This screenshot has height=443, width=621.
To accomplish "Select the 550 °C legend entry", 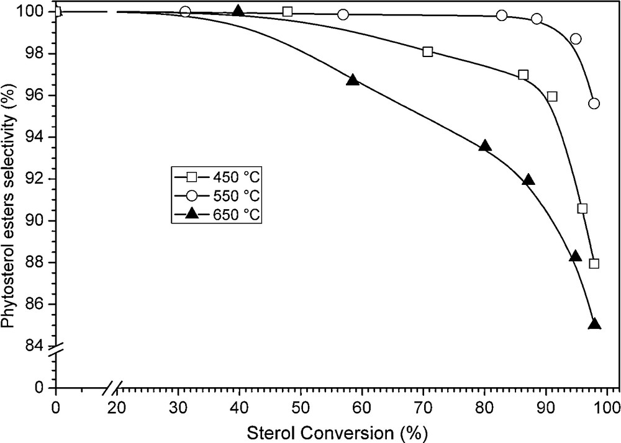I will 216,197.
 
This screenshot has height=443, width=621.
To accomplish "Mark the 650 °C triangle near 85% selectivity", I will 594,324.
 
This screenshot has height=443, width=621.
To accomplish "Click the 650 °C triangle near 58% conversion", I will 353,80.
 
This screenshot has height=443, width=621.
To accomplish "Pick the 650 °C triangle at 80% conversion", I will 485,146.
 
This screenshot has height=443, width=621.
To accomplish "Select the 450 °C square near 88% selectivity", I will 594,264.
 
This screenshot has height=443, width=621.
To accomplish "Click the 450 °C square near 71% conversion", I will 427,52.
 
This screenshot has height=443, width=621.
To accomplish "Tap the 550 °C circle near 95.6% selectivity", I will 594,104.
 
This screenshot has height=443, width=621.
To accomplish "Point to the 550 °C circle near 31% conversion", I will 185,12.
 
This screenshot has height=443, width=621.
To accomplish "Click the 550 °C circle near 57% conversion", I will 343,14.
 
